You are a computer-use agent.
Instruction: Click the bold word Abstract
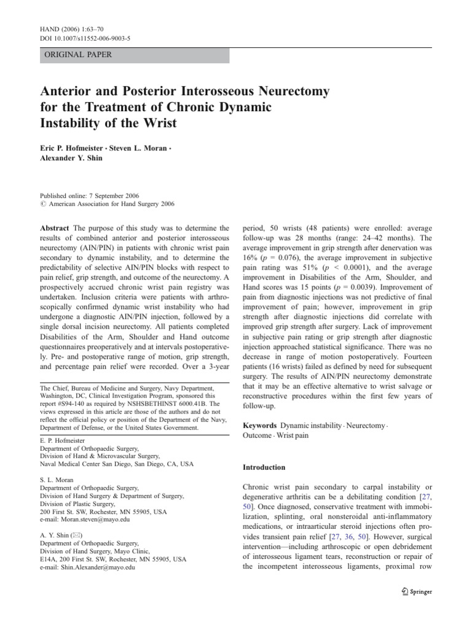[55, 228]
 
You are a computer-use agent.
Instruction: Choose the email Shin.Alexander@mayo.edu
[87, 568]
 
